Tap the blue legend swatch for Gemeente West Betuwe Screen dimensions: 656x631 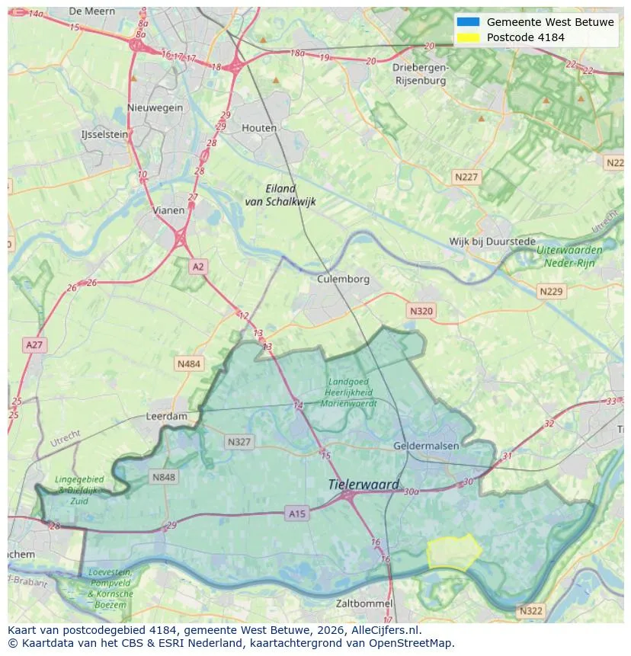click(x=469, y=22)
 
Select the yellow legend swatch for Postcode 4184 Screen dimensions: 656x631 click(x=469, y=37)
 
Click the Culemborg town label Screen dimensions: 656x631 click(x=343, y=279)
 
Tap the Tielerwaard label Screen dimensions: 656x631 click(x=364, y=485)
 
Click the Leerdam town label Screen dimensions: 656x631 click(x=166, y=417)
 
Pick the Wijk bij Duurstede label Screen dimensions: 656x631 click(x=492, y=242)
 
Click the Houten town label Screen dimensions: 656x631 click(x=259, y=128)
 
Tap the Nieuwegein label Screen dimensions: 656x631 click(x=155, y=107)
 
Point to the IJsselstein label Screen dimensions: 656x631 click(x=104, y=135)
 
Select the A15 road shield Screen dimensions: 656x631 click(x=297, y=514)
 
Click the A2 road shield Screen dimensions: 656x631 click(x=198, y=267)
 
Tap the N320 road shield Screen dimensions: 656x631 click(x=421, y=311)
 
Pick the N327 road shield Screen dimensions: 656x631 click(x=239, y=442)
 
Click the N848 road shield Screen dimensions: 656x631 click(x=163, y=478)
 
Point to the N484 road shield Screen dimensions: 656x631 click(x=189, y=364)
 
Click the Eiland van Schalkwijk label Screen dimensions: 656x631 click(x=280, y=195)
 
